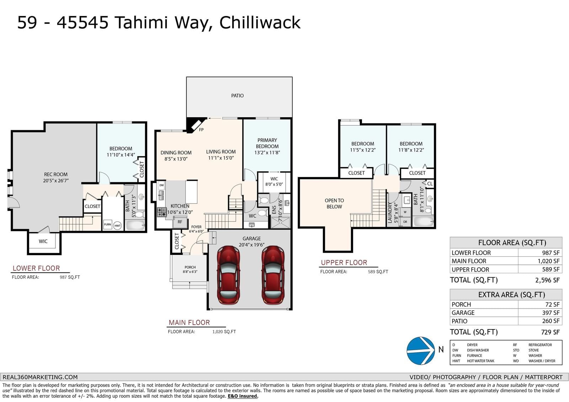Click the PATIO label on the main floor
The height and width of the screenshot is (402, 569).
pos(237,96)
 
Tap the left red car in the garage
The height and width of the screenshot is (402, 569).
pos(228,275)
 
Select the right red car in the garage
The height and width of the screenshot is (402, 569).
pos(273,275)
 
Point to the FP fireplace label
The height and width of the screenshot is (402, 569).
pos(201,130)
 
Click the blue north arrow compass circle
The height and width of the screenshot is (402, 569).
pos(420,351)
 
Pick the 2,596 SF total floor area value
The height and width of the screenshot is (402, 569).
pos(547,280)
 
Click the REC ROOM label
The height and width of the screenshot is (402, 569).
pos(55,175)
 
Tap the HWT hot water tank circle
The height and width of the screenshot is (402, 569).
pos(117,225)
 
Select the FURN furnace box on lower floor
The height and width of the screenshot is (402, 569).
pos(107,225)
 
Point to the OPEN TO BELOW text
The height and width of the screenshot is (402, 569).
pos(334,203)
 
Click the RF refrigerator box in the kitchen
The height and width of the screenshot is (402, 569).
pos(180,222)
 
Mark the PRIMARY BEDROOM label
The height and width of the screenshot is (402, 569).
pos(267,143)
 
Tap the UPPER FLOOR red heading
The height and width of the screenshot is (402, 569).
pos(344,263)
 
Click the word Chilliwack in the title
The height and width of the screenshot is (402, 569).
pos(260,23)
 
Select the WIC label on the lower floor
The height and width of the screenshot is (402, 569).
pos(43,241)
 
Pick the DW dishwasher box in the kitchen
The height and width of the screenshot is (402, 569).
pos(161,185)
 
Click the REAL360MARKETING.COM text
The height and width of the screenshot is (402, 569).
pos(40,377)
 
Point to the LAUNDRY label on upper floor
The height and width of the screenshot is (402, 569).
pos(390,213)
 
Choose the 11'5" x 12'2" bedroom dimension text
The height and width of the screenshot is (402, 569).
pos(363,150)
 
